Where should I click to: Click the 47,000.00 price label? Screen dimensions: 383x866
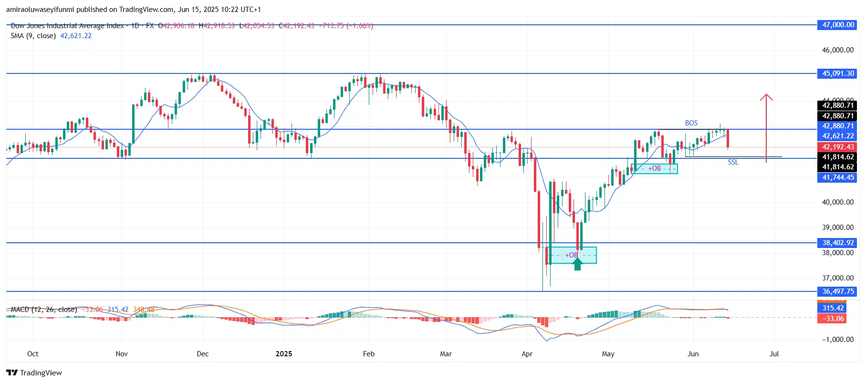(838, 25)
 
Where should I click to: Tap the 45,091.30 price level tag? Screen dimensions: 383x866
(838, 73)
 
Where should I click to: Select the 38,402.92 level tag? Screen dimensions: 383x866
(838, 243)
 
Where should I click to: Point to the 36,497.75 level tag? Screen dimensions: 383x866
(838, 291)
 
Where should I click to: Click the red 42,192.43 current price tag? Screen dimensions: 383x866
(838, 147)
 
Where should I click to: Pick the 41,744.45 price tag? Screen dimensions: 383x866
(838, 177)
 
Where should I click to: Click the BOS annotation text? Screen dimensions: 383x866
(691, 123)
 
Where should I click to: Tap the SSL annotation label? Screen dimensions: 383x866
(733, 163)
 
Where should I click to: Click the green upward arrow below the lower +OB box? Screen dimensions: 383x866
(577, 264)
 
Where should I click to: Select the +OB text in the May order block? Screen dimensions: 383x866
(655, 168)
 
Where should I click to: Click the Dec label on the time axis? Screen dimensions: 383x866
(203, 354)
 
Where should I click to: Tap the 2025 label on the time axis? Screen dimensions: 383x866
(284, 354)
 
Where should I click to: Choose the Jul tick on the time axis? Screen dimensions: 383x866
(774, 354)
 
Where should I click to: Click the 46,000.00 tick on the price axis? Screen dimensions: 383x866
(838, 50)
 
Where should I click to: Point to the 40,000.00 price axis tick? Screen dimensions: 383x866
(838, 202)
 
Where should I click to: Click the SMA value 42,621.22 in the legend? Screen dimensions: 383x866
(76, 36)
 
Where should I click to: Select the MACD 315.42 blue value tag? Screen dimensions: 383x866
(833, 308)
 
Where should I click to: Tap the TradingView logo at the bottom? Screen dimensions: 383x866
(34, 373)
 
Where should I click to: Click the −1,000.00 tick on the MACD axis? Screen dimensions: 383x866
(838, 340)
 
